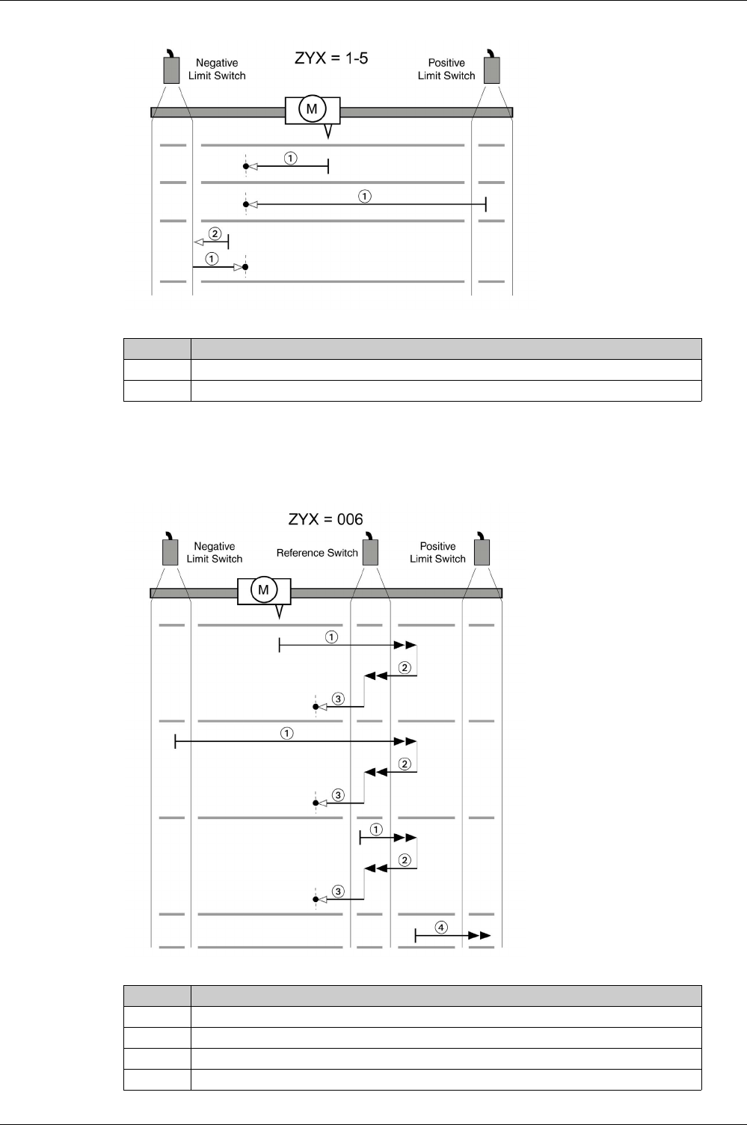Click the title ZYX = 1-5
(331, 58)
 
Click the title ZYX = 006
(326, 519)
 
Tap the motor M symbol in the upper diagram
(312, 110)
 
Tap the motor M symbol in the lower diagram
(263, 590)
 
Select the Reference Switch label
(317, 553)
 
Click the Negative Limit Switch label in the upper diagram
(217, 70)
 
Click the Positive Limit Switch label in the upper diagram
(446, 70)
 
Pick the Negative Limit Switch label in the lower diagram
(215, 553)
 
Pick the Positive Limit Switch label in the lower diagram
(437, 553)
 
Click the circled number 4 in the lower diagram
(442, 928)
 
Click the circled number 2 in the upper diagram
(215, 233)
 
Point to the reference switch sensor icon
(370, 551)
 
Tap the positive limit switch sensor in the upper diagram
(491, 69)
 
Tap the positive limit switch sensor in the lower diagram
(482, 551)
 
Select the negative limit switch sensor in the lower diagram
(170, 551)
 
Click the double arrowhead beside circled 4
(480, 936)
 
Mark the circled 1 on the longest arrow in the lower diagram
(286, 733)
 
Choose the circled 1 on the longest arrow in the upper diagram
(364, 197)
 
